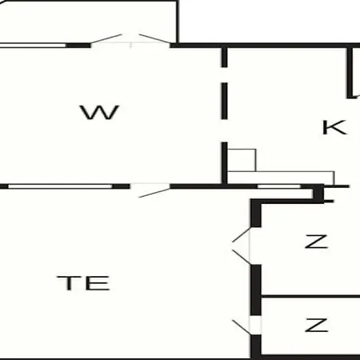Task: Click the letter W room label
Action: coord(99,112)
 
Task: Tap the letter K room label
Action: coord(334,127)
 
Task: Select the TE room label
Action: coord(83,283)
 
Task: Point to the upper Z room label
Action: coord(316,242)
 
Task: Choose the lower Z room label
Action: coord(316,325)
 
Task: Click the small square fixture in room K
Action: coord(242,160)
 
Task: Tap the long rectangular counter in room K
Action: coord(281,178)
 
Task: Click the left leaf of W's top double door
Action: coord(106,38)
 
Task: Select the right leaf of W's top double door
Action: coord(154,38)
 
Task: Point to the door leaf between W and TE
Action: coord(154,193)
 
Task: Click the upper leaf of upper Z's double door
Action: coord(241,234)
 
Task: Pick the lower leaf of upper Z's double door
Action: coord(242,257)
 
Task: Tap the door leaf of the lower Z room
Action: coord(242,327)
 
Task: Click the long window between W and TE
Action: coord(60,186)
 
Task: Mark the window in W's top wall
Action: coord(33,46)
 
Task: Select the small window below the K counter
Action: coord(279,186)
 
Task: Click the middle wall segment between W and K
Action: coord(225,101)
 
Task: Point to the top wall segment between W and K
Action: coord(225,58)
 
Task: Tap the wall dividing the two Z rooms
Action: coord(310,296)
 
